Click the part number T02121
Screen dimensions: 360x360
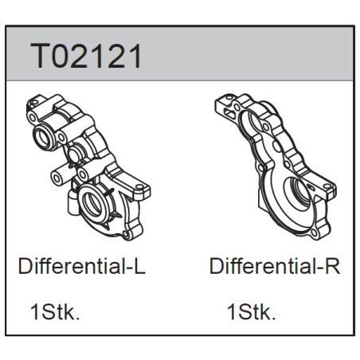(x=86, y=56)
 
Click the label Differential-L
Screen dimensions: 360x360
(x=82, y=266)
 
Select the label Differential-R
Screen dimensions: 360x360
(x=275, y=266)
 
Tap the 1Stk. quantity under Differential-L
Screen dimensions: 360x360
(x=55, y=312)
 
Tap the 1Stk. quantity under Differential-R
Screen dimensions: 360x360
(x=252, y=312)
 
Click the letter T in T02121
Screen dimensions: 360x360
(x=40, y=56)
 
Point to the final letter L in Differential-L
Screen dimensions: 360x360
(x=139, y=266)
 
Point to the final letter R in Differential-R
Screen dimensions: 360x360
(x=333, y=266)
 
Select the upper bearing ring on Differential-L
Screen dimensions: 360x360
(x=43, y=136)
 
